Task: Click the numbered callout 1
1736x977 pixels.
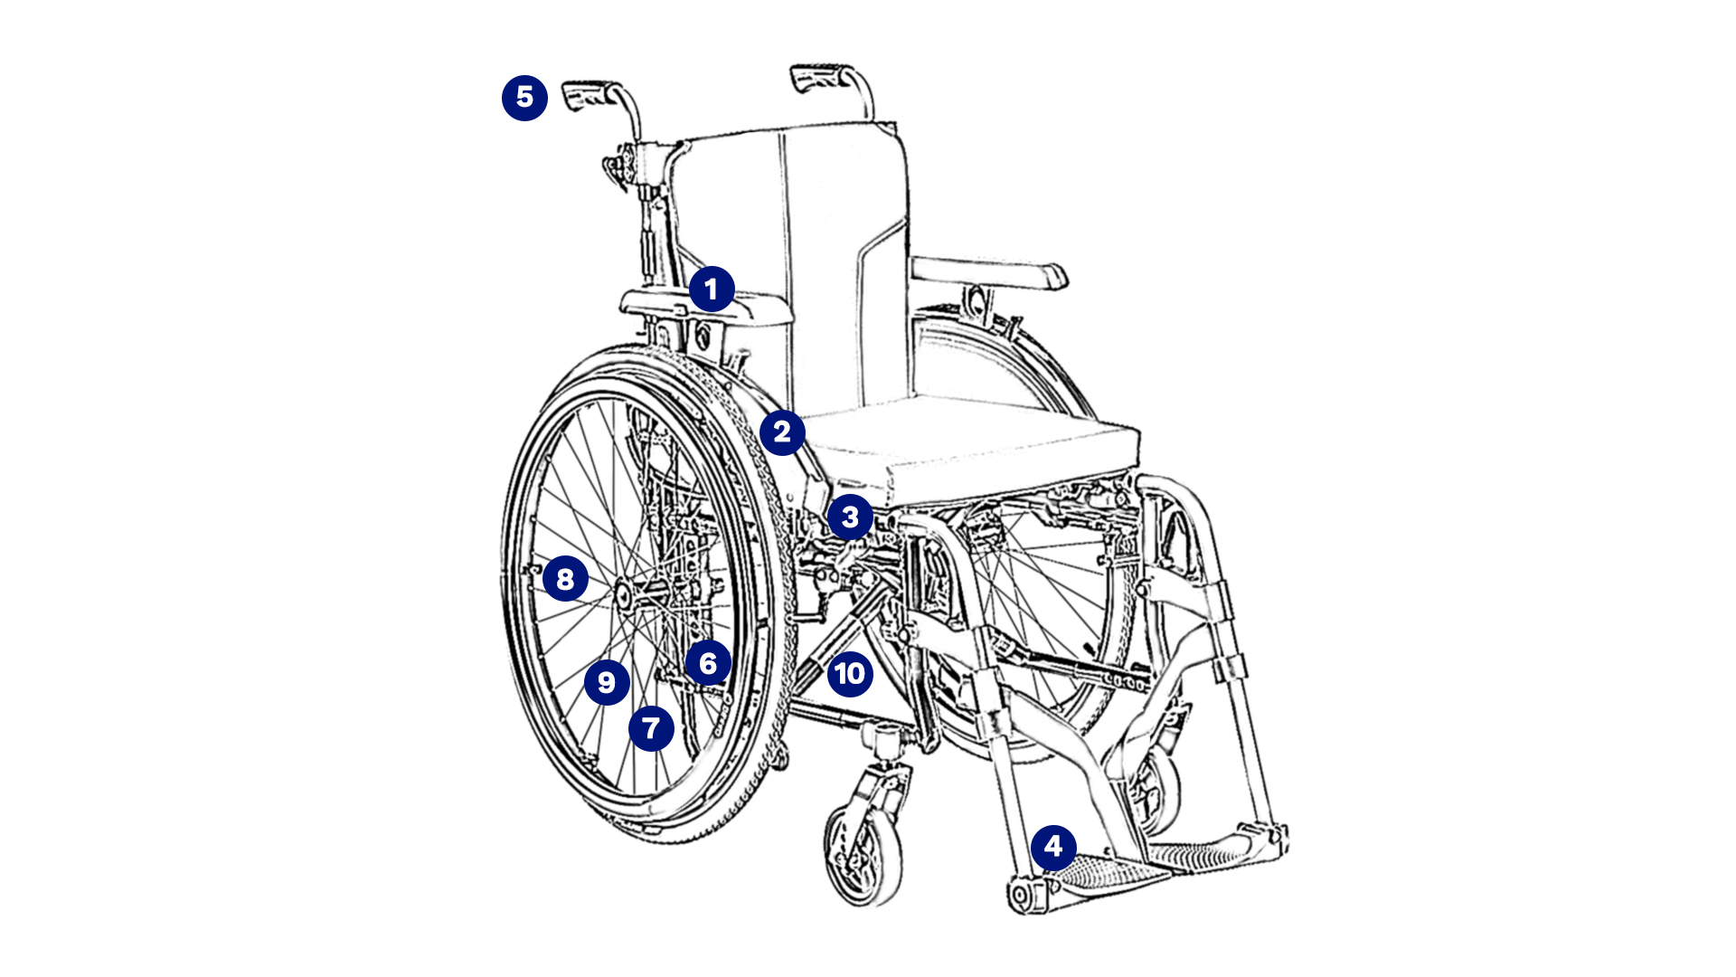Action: click(712, 289)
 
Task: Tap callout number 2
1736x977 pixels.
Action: click(782, 432)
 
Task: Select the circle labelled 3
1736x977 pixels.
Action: click(850, 517)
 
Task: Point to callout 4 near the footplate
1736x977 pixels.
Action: click(1053, 848)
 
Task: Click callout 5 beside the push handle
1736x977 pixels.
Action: click(524, 98)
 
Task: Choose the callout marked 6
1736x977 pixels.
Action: click(708, 663)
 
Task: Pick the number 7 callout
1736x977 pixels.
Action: click(651, 728)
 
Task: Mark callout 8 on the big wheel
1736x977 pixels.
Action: click(565, 579)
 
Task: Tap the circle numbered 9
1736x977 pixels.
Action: click(607, 682)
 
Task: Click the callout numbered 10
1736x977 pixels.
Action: click(850, 674)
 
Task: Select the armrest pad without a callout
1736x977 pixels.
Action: click(989, 272)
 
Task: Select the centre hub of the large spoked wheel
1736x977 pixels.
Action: click(624, 593)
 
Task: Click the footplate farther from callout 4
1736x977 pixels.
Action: click(1203, 850)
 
